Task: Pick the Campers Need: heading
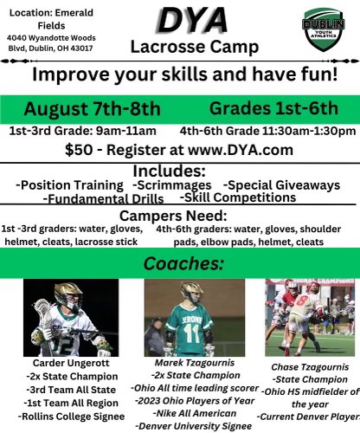(x=180, y=215)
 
